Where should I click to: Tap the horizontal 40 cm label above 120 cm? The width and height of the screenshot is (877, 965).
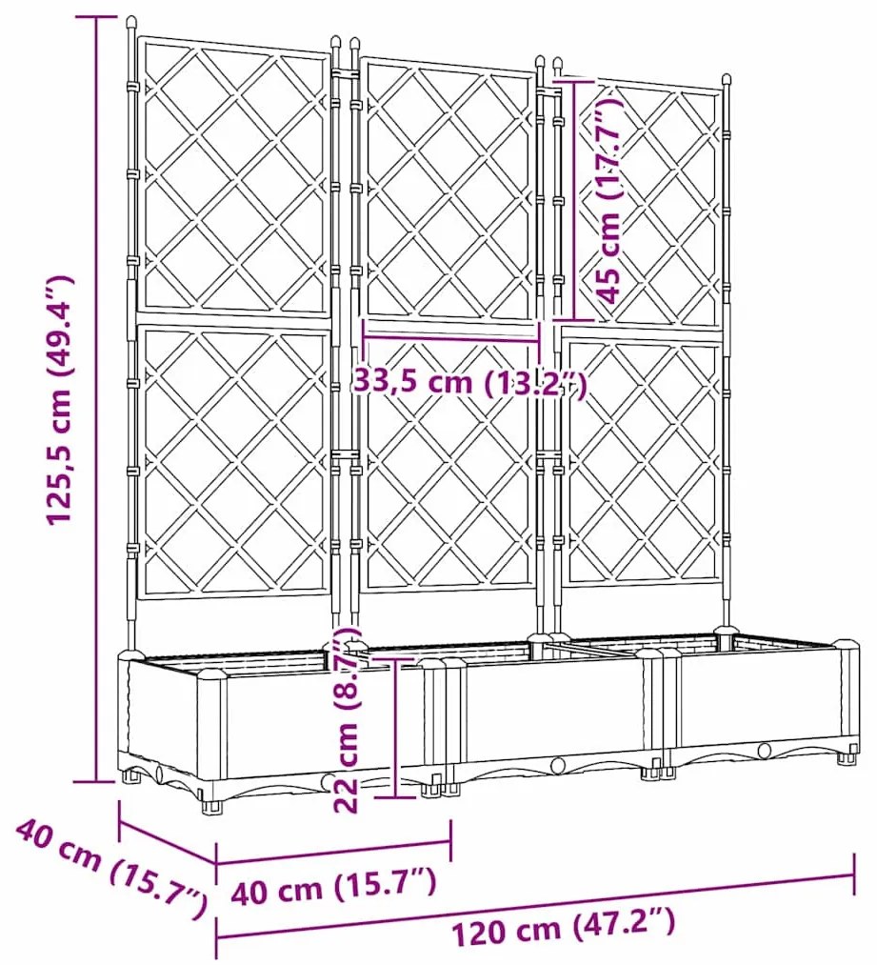pyautogui.click(x=334, y=891)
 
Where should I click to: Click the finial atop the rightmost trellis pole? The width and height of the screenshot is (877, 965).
pyautogui.click(x=727, y=80)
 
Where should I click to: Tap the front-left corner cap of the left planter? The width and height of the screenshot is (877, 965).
pyautogui.click(x=211, y=677)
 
